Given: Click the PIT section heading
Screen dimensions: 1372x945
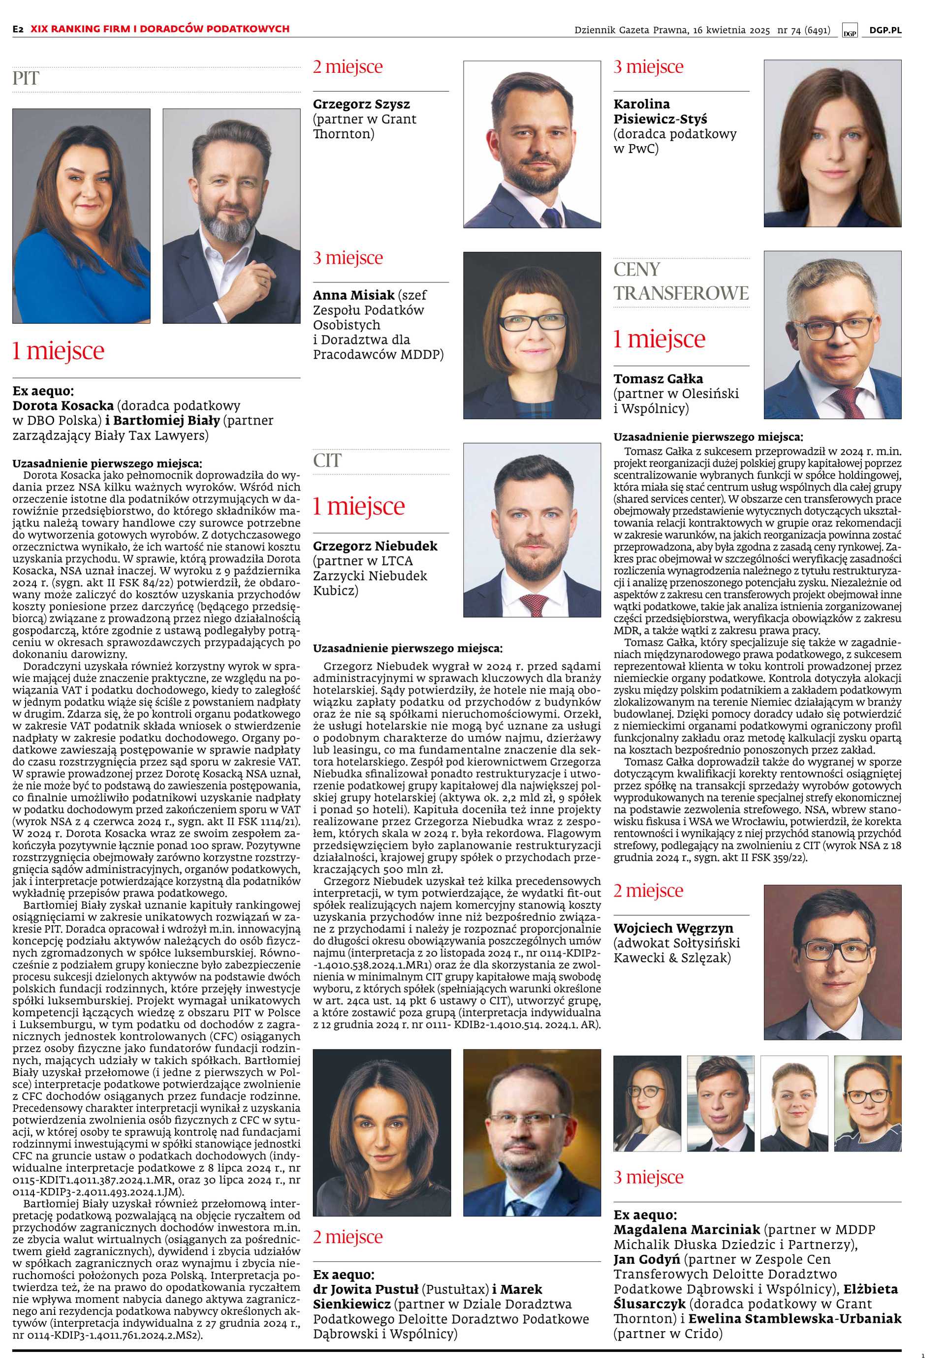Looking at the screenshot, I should point(26,78).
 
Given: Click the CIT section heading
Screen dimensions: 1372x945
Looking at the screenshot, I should point(327,461).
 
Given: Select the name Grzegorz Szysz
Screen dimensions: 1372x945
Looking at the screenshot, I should point(361,104).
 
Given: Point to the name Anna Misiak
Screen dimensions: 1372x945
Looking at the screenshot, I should point(353,295).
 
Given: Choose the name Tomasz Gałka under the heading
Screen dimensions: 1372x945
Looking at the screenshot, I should point(658,379).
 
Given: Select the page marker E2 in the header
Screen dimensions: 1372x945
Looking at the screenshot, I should point(18,29).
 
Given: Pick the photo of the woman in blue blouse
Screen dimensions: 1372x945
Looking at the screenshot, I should point(81,216).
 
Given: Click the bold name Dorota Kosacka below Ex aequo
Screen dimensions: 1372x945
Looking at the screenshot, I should point(63,406).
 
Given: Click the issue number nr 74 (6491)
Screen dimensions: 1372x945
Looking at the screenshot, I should point(803,30).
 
